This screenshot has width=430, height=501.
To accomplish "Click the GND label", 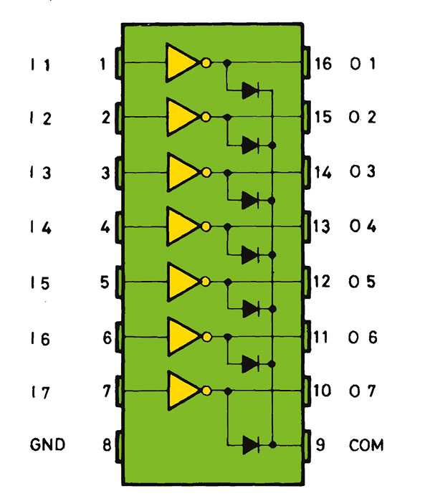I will pyautogui.click(x=48, y=445).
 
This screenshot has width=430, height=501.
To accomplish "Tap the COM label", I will pyautogui.click(x=366, y=445).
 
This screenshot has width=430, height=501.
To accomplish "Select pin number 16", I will pyautogui.click(x=322, y=63).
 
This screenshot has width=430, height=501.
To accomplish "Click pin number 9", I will pyautogui.click(x=320, y=445).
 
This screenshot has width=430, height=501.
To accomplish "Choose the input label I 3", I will pyautogui.click(x=40, y=173).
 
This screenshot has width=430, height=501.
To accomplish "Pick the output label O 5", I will pyautogui.click(x=363, y=281).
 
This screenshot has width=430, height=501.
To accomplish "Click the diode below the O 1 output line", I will pyautogui.click(x=250, y=90).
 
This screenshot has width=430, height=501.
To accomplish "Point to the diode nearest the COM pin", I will pyautogui.click(x=250, y=445).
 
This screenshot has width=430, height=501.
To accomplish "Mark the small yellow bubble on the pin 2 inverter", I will pyautogui.click(x=206, y=117).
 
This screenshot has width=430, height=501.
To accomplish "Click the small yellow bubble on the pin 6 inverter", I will pyautogui.click(x=206, y=335).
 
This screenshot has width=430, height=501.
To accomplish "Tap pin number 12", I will pyautogui.click(x=322, y=281).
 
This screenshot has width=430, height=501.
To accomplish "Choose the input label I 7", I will pyautogui.click(x=40, y=392).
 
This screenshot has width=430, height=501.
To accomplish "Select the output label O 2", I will pyautogui.click(x=363, y=118).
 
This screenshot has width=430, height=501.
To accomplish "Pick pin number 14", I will pyautogui.click(x=322, y=172).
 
